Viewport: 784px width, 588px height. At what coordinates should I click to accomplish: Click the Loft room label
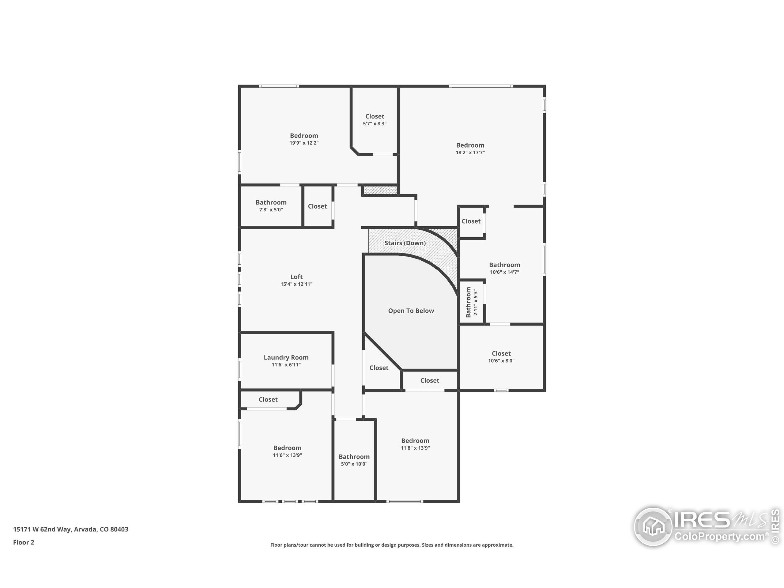click(296, 277)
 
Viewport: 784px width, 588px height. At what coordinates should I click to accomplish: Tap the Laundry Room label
click(286, 358)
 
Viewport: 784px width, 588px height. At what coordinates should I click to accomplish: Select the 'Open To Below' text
click(411, 311)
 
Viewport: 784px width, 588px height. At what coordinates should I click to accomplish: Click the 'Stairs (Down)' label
click(405, 243)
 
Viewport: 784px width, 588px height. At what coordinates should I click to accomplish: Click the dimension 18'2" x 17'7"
click(470, 153)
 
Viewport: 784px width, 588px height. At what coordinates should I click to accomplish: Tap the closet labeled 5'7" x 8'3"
click(375, 120)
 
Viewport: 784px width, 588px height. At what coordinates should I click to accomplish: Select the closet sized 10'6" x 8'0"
click(501, 357)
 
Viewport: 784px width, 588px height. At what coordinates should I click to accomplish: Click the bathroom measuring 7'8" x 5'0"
click(271, 206)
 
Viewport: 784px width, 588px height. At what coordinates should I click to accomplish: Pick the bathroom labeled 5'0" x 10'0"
click(354, 460)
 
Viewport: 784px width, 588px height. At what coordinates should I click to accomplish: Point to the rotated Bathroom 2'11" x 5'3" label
click(472, 302)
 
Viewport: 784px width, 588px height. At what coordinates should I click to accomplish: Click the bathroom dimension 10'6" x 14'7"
click(504, 272)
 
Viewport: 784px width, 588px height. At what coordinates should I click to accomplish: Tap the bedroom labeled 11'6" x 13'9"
click(287, 451)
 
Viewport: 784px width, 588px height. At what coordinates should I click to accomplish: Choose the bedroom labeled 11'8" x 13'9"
click(415, 444)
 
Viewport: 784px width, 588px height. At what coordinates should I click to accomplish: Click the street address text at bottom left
click(70, 529)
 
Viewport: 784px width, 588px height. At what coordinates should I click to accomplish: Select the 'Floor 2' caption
click(24, 542)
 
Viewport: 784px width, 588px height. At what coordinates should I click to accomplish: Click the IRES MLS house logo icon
click(653, 526)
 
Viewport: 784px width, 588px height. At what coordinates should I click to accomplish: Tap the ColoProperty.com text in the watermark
click(719, 537)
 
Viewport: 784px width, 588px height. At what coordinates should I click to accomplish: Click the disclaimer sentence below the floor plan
click(392, 545)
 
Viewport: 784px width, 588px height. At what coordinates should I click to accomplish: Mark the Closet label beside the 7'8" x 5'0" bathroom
click(317, 206)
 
